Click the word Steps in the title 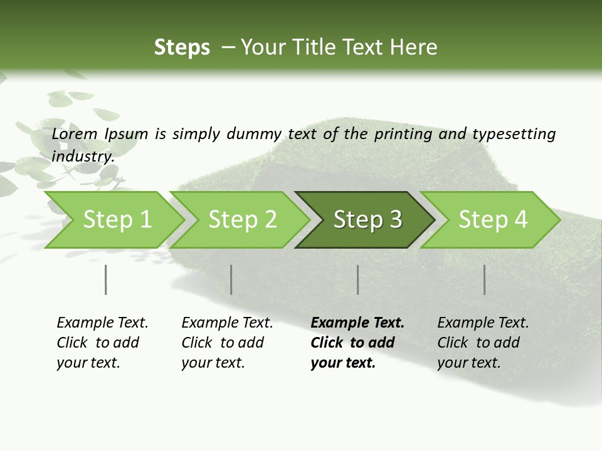tap(182, 48)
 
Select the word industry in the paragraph tap(82, 156)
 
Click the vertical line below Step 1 tap(105, 279)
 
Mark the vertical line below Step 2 tap(231, 279)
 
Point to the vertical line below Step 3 tap(357, 279)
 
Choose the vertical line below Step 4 tap(484, 279)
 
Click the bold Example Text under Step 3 tap(357, 323)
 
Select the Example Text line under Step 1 tap(102, 323)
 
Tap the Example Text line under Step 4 tap(483, 323)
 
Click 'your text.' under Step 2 tap(213, 363)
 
